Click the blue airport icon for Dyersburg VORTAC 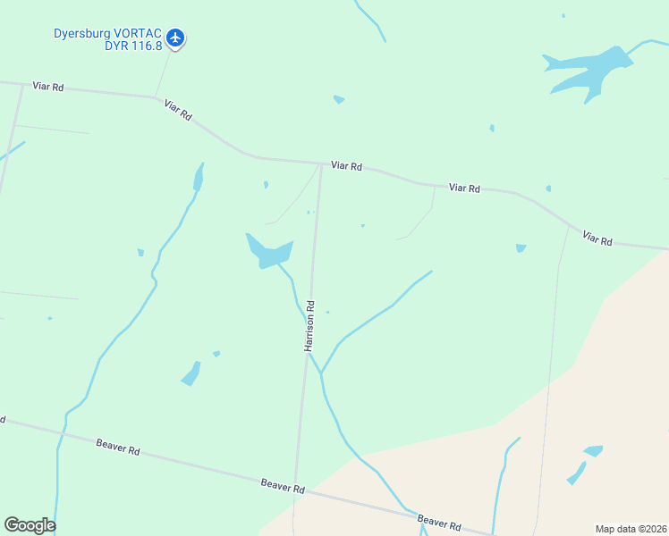click(175, 38)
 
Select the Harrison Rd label click(310, 325)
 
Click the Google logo click(30, 525)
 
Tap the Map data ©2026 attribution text click(631, 529)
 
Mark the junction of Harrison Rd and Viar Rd click(321, 163)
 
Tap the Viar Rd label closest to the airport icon click(179, 111)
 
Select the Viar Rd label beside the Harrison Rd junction click(346, 166)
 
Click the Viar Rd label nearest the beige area click(597, 239)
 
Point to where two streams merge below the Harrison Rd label click(320, 373)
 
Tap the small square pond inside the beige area click(593, 451)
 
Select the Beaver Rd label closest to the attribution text click(438, 523)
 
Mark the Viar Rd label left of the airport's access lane click(47, 87)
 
